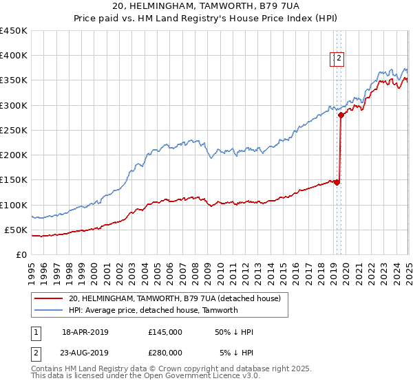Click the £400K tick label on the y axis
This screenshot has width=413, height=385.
click(13, 56)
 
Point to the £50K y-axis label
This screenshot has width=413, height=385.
click(16, 230)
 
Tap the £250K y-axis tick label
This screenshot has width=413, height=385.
click(13, 130)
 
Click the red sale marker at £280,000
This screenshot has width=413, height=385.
click(341, 115)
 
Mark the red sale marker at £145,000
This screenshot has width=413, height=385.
click(337, 182)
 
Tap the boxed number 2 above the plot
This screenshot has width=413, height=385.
click(339, 59)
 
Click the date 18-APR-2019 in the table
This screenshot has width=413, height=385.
click(85, 332)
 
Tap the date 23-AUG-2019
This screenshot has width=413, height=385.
click(85, 353)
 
